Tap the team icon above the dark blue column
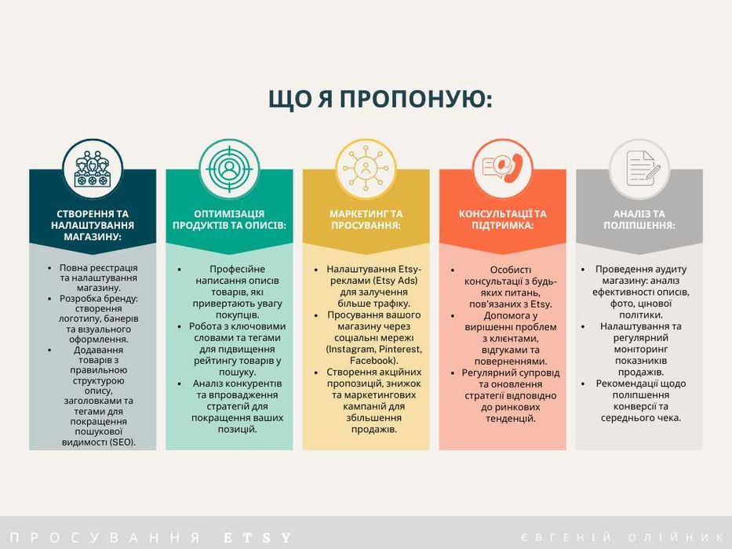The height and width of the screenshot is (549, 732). click(x=93, y=169)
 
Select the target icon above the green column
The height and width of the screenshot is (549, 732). click(x=229, y=169)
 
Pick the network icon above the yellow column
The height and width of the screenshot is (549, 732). click(x=366, y=169)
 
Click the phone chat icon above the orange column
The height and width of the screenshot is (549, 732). click(x=502, y=169)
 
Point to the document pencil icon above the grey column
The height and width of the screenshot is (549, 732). click(x=639, y=169)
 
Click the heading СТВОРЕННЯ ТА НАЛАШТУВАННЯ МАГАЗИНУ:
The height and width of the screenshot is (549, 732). click(x=93, y=225)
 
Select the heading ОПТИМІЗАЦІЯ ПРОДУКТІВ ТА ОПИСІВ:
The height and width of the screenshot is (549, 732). click(x=229, y=220)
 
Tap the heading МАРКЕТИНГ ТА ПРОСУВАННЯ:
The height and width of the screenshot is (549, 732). click(x=366, y=220)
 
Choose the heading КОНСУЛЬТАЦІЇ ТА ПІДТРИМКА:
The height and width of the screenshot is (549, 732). click(x=502, y=220)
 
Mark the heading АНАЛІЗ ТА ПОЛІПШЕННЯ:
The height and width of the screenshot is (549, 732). click(x=639, y=220)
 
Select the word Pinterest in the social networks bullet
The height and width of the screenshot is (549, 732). click(x=401, y=349)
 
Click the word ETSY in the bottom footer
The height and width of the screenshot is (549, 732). click(x=257, y=538)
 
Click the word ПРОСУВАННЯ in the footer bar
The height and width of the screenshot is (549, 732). click(x=106, y=538)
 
